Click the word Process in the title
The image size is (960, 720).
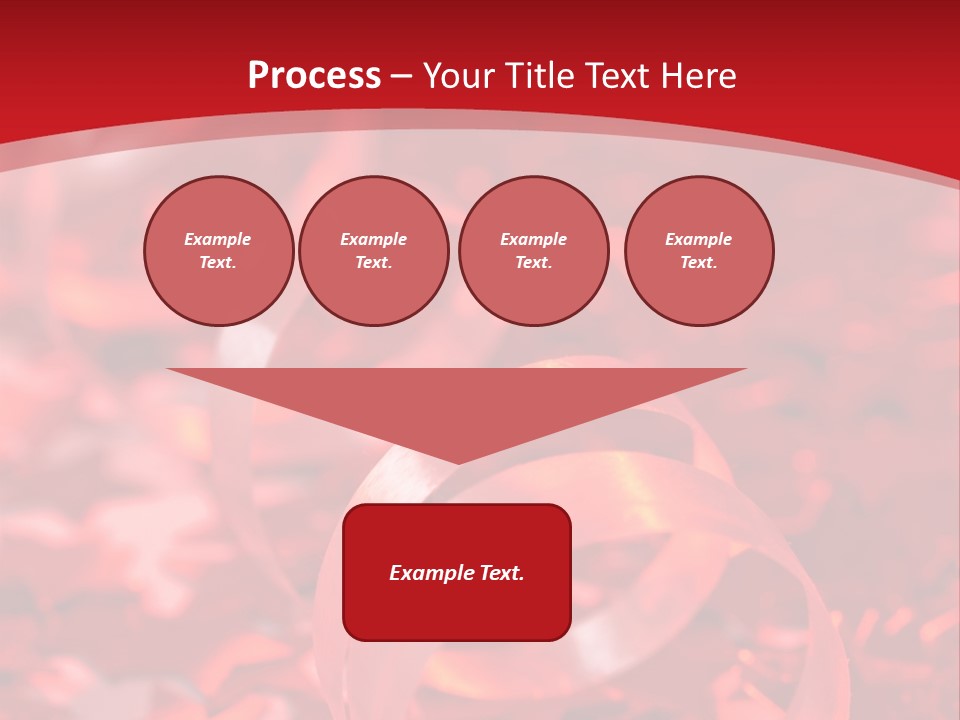pos(314,76)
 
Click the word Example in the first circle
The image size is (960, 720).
pos(218,239)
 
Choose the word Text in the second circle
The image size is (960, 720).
pos(373,262)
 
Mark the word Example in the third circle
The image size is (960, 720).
pos(533,239)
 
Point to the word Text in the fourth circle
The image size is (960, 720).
pos(698,262)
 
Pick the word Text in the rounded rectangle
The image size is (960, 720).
pos(501,573)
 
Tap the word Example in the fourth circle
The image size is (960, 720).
pos(698,239)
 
